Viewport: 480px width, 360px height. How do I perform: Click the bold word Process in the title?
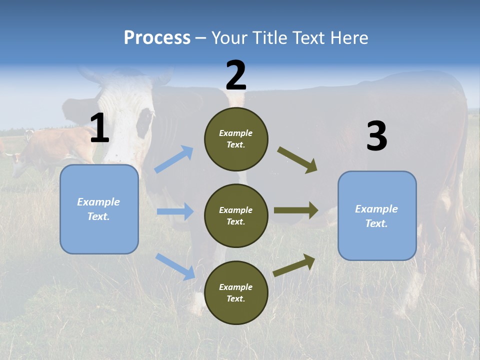[157, 37]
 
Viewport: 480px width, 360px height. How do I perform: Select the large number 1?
[99, 128]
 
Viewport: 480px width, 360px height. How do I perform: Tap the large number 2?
[236, 75]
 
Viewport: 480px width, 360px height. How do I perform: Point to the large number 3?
[376, 136]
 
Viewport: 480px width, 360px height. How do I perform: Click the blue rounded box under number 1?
[99, 209]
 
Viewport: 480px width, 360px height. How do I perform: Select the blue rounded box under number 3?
[377, 216]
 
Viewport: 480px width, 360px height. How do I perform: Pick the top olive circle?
[236, 139]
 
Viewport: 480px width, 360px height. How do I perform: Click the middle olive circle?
[236, 215]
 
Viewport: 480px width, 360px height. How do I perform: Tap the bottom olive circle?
[236, 292]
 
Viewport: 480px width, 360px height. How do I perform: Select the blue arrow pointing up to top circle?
[174, 159]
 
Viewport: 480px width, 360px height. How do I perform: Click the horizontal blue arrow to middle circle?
[175, 211]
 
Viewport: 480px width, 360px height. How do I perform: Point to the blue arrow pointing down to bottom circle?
[175, 266]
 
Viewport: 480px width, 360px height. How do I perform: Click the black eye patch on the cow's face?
[145, 122]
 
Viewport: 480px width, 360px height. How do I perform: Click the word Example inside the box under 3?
[376, 209]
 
